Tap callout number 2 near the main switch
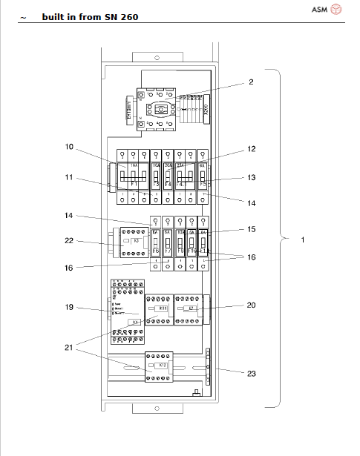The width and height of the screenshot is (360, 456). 250,82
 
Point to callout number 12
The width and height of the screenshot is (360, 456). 251,149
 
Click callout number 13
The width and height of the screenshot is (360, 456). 251,177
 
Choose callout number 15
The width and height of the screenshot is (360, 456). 251,229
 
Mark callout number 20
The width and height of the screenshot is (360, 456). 251,304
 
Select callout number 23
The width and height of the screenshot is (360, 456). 251,374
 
